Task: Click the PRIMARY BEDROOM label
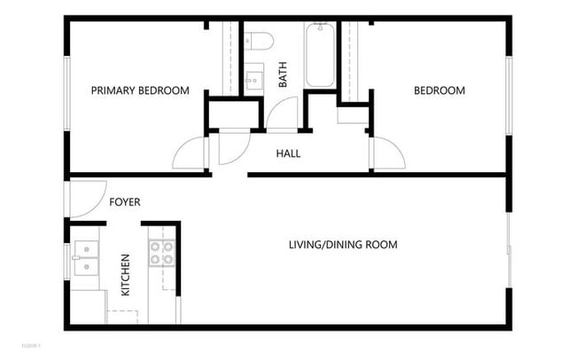(x=141, y=90)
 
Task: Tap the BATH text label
(x=284, y=78)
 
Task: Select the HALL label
(x=288, y=153)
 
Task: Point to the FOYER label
(x=125, y=202)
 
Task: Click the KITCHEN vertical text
(x=125, y=275)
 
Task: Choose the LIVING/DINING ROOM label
(x=343, y=245)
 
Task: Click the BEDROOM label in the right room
(x=440, y=90)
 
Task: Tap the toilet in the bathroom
(x=260, y=39)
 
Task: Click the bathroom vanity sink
(x=253, y=80)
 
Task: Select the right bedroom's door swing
(x=387, y=153)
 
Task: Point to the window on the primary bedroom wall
(x=66, y=93)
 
